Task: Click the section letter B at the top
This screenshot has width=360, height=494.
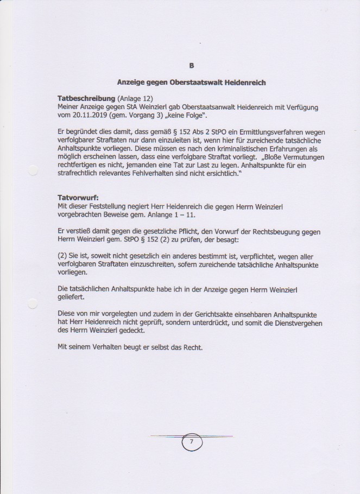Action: pyautogui.click(x=191, y=66)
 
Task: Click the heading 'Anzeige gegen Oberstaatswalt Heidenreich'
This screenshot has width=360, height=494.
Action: pyautogui.click(x=191, y=83)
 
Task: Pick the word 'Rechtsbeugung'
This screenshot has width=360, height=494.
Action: pyautogui.click(x=262, y=230)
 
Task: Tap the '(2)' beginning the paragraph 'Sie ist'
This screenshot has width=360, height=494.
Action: pyautogui.click(x=62, y=255)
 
